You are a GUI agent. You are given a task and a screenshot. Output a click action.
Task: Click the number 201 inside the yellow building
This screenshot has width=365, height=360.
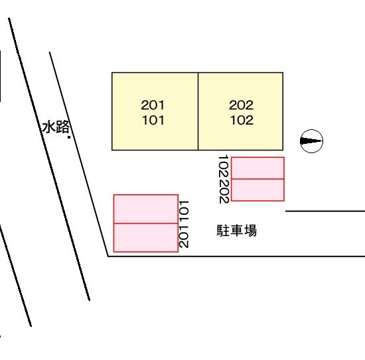tap(153, 105)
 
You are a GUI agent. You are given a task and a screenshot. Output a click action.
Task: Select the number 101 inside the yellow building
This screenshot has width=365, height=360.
tap(153, 120)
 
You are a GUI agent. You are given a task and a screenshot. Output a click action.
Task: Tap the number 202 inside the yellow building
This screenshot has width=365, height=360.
tap(241, 105)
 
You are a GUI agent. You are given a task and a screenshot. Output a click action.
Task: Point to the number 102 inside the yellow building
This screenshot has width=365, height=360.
tap(242, 120)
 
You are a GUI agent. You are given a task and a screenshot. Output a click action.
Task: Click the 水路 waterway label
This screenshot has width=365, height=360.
tap(56, 127)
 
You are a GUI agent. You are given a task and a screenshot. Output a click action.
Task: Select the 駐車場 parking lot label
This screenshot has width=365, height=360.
tap(237, 231)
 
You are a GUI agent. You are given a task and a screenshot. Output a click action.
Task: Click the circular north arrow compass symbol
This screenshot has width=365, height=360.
tap(311, 141)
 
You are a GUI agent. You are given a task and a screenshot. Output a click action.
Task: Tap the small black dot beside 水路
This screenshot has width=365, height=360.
tap(69, 137)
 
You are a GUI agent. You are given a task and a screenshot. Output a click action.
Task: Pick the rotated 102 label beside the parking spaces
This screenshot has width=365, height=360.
tap(224, 167)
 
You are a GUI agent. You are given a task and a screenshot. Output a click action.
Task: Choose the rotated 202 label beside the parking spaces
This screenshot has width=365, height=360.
tap(224, 192)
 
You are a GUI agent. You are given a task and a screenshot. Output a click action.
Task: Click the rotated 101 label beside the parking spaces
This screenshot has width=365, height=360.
tap(184, 211)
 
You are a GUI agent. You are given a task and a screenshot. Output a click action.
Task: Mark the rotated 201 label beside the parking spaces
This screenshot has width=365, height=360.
tap(184, 236)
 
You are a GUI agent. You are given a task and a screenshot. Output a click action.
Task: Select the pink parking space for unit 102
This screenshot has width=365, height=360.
tap(257, 168)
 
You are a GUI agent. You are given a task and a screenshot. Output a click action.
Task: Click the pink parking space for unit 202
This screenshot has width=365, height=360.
tap(257, 190)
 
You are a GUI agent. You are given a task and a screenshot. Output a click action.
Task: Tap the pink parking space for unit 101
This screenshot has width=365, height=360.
tap(146, 209)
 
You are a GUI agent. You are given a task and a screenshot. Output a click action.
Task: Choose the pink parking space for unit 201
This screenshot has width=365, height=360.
tap(146, 237)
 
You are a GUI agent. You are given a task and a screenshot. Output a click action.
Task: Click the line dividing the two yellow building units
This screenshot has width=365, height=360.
tap(198, 111)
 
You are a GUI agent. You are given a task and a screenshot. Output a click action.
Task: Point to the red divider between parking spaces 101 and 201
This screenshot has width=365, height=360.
tap(146, 223)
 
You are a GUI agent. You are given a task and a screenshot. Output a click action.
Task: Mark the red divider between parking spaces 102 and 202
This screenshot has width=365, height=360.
tap(257, 179)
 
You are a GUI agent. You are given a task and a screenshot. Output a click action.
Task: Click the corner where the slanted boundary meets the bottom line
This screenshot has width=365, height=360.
tap(108, 257)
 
